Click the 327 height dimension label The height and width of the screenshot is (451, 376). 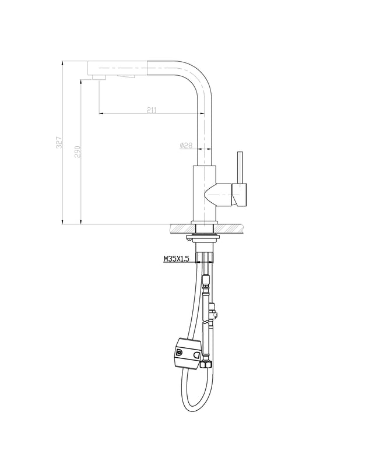(59, 142)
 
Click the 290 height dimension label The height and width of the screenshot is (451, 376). (78, 151)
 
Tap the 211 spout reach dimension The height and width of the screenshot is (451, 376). (152, 110)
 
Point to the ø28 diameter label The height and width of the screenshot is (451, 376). (186, 146)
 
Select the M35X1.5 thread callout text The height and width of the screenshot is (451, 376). (177, 259)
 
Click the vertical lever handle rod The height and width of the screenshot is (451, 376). (240, 167)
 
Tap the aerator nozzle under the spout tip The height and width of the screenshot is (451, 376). (99, 77)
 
